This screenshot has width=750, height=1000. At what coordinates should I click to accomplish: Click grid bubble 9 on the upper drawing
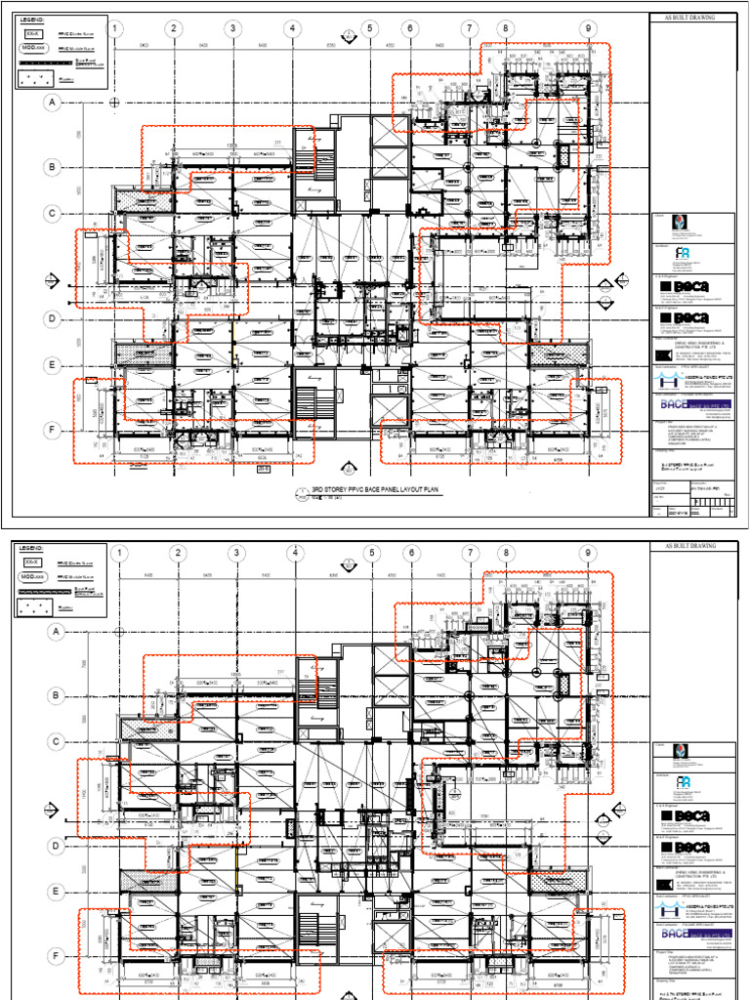point(589,29)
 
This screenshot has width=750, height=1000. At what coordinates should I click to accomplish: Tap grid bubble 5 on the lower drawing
point(371,555)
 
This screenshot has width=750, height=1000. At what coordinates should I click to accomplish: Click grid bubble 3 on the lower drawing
point(235,555)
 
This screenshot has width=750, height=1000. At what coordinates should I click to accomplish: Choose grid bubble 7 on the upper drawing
point(470,29)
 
